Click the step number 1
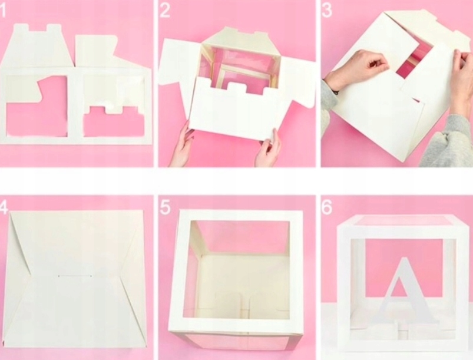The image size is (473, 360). (2, 10)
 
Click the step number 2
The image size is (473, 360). (165, 10)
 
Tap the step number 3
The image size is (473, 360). (327, 10)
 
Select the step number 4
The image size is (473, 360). (3, 207)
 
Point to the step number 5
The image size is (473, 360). (165, 207)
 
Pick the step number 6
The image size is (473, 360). (327, 207)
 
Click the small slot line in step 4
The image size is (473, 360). (75, 276)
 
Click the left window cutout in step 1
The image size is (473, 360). (36, 106)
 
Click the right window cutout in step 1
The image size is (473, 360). (114, 121)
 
